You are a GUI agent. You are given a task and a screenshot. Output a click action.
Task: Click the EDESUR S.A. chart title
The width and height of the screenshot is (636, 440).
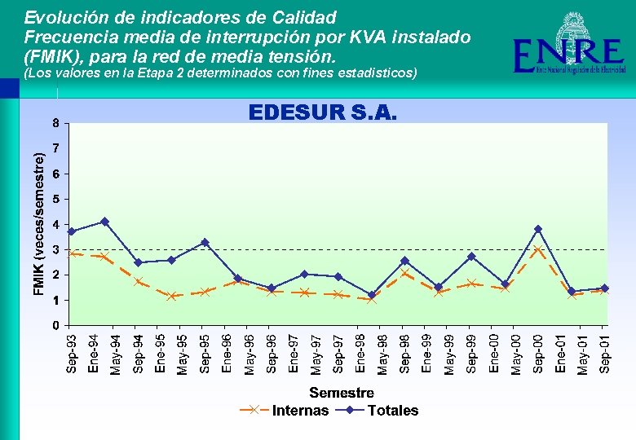click(x=322, y=112)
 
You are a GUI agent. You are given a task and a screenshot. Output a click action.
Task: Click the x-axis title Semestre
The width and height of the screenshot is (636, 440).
click(x=342, y=394)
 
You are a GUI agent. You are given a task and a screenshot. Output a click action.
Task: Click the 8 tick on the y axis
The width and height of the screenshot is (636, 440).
click(x=55, y=124)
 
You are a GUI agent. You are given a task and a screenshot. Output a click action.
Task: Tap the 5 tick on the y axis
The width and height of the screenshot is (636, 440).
click(x=55, y=200)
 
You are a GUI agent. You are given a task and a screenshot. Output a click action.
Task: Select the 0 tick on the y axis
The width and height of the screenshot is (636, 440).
click(x=55, y=326)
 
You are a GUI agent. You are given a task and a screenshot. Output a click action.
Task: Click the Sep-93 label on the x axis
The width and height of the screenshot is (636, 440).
click(x=72, y=354)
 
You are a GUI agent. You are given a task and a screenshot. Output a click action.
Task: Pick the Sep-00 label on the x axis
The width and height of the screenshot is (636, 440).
click(x=538, y=354)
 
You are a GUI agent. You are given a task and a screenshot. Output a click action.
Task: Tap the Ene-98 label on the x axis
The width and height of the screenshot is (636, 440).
click(x=360, y=354)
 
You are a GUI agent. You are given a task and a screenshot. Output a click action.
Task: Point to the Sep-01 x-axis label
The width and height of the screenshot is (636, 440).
click(x=604, y=354)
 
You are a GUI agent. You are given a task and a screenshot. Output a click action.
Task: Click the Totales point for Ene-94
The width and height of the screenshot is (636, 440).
click(x=104, y=222)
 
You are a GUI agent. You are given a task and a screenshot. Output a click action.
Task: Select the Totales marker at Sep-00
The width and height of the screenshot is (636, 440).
click(x=538, y=229)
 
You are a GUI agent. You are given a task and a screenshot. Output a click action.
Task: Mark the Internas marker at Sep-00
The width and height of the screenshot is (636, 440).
click(x=538, y=249)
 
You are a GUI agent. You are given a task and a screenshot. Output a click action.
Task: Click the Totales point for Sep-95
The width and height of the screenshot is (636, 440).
click(x=205, y=243)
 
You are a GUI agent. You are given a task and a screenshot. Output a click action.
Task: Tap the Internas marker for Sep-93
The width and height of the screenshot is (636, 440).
click(x=72, y=253)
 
